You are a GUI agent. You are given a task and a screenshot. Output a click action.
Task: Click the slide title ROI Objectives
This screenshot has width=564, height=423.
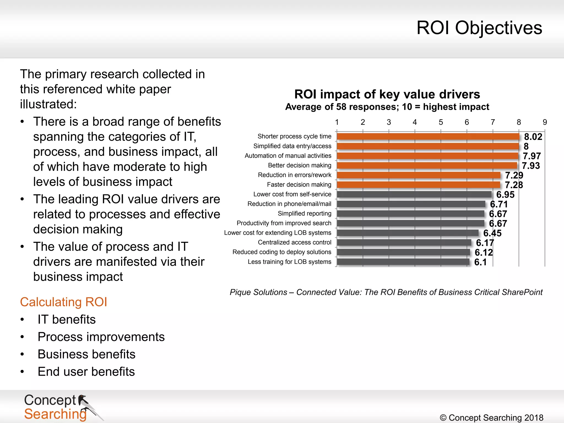[x=479, y=28]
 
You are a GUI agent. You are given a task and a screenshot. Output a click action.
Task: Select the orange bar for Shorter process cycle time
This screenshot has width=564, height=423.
[x=428, y=137]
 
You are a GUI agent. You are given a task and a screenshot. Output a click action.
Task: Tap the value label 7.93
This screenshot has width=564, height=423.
[x=531, y=166]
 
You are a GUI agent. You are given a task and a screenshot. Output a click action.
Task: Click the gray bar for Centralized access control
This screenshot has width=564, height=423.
[x=404, y=243]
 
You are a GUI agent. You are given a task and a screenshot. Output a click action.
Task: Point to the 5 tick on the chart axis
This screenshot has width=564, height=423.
[x=441, y=122]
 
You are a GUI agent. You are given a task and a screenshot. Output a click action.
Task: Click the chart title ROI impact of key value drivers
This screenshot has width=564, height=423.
[x=387, y=94]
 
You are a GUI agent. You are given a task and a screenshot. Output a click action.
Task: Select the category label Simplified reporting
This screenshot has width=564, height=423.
[x=304, y=213]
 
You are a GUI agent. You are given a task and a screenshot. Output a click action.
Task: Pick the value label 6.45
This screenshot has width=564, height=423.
[x=492, y=233]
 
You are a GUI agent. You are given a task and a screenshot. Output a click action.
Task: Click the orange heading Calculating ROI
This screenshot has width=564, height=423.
[x=63, y=302]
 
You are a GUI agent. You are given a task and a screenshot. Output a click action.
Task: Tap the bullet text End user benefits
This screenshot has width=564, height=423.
[x=86, y=372]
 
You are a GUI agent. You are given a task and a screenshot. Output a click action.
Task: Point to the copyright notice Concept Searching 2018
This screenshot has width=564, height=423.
[x=491, y=417]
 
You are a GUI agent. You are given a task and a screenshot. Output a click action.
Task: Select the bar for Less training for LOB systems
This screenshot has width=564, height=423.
[x=403, y=262]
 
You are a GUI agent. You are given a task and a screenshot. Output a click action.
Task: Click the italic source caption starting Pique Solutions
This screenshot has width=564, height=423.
[x=386, y=292]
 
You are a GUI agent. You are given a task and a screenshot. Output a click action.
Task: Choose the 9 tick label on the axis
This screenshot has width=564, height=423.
[x=544, y=122]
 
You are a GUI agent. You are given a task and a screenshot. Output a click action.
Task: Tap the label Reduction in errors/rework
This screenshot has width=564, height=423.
[x=294, y=175]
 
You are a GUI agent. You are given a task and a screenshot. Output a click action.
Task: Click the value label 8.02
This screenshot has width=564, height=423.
[x=533, y=137]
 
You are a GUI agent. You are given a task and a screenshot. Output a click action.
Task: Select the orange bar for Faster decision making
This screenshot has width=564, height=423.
[x=418, y=185]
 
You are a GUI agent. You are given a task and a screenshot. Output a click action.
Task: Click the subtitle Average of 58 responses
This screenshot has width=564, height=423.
[x=387, y=107]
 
